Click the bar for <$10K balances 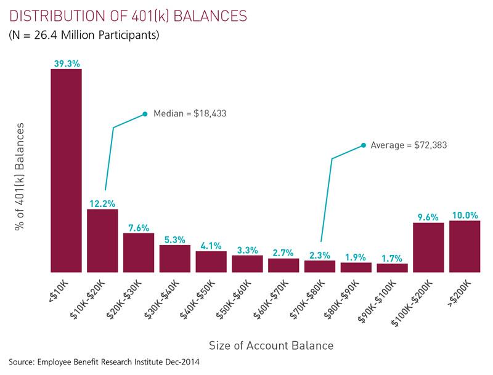tap(66, 170)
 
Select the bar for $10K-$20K tap(102, 240)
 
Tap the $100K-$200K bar tap(428, 247)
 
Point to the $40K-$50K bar tap(211, 261)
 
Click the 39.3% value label tap(66, 62)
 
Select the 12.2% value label tap(102, 203)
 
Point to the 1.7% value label tap(393, 257)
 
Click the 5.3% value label tap(175, 238)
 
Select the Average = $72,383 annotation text tap(409, 145)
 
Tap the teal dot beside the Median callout tap(145, 113)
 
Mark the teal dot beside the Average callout tap(364, 145)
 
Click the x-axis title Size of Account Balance tap(271, 345)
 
